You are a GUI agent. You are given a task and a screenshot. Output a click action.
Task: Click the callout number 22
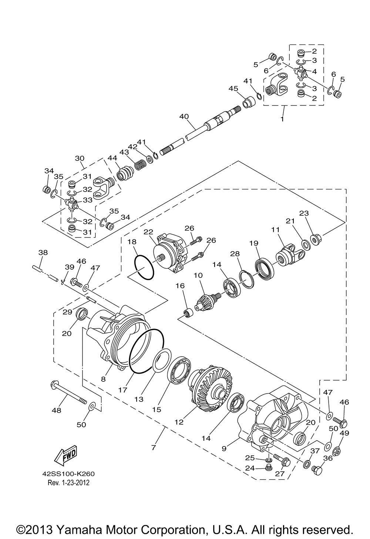click(x=148, y=232)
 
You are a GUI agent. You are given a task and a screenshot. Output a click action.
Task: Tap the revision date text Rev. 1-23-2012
click(x=68, y=482)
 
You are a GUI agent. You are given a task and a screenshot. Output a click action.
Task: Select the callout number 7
click(x=153, y=447)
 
